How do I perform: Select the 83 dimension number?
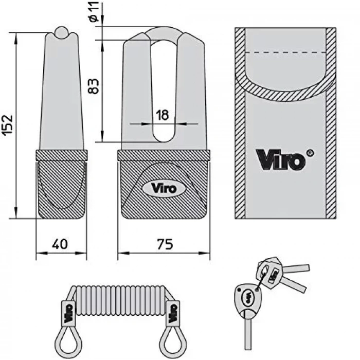point(93,85)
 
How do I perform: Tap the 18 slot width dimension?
point(162,116)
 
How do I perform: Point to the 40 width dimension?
point(61,244)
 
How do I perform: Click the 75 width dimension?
point(164,244)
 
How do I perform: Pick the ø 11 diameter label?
point(94,11)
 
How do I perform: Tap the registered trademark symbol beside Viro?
point(310,152)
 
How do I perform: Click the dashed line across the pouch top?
point(285,52)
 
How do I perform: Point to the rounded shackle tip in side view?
point(61,32)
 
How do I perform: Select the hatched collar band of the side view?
point(61,155)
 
